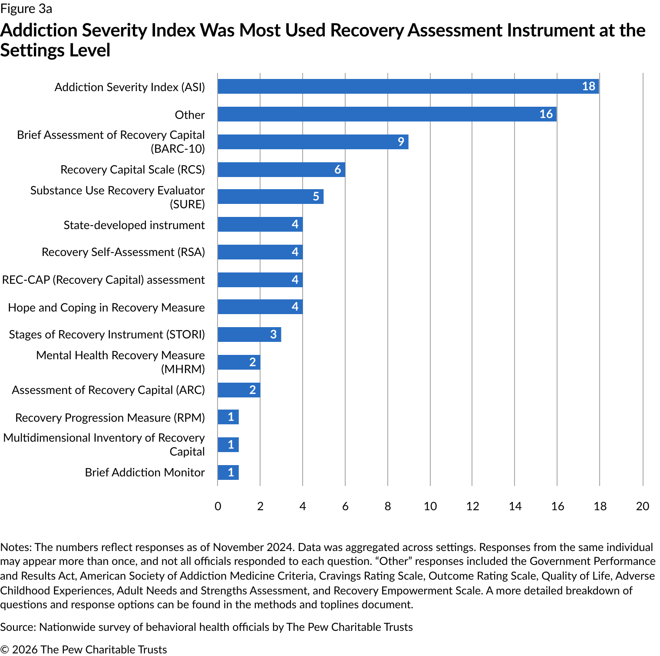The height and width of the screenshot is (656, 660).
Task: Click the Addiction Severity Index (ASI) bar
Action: tap(408, 86)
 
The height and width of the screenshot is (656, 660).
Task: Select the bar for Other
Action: tap(386, 114)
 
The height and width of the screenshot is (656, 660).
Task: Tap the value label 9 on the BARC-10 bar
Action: tap(401, 142)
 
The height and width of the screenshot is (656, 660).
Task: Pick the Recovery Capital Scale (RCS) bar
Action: tap(281, 170)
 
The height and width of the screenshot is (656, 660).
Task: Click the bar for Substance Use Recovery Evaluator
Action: tap(270, 197)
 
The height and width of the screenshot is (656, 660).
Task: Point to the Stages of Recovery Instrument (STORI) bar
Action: tap(249, 335)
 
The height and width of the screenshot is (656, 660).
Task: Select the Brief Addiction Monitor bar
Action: tap(228, 472)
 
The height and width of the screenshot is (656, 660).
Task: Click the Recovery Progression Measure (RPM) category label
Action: tap(110, 418)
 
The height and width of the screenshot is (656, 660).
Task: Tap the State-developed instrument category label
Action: tap(134, 225)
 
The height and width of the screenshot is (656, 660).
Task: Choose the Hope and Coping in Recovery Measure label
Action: tap(106, 308)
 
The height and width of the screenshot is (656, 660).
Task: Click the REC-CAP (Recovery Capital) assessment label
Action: tap(103, 280)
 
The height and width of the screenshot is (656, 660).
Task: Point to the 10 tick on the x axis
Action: tap(430, 506)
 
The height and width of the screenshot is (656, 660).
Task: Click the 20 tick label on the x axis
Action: tap(642, 506)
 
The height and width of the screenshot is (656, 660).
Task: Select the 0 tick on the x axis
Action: tap(218, 506)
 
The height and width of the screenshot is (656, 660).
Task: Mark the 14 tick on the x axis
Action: tap(515, 506)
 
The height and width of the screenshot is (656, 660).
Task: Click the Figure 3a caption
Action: tap(26, 9)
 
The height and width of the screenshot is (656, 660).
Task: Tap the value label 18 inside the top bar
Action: tap(588, 86)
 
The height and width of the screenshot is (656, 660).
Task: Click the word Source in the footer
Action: tap(17, 627)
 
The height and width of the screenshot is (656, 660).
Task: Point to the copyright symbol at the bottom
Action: tap(4, 649)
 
